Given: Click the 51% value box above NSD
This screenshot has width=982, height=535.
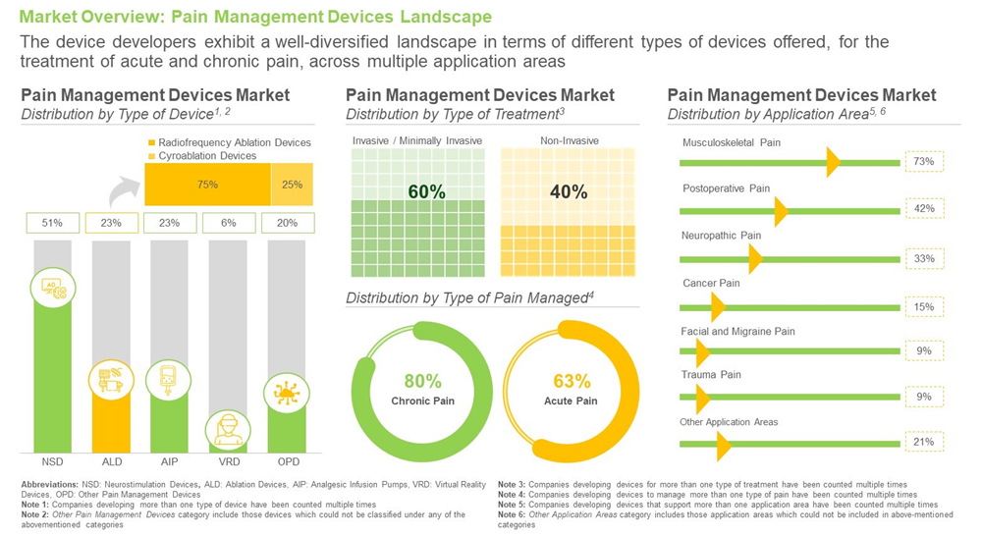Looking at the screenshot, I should tap(52, 223).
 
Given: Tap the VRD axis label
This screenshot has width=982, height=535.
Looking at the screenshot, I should tap(228, 460).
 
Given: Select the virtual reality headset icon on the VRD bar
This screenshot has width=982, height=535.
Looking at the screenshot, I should tap(228, 429).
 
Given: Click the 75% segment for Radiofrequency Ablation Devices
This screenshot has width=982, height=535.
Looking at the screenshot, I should tap(207, 184).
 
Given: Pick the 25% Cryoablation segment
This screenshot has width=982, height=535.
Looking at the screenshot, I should tap(293, 184).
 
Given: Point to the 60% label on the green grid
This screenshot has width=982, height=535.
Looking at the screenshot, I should tap(426, 192).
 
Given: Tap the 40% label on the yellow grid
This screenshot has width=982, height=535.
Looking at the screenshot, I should tap(569, 192).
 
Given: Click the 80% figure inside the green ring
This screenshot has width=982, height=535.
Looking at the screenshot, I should tap(423, 381).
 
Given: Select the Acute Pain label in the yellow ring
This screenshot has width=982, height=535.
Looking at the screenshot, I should tap(572, 401).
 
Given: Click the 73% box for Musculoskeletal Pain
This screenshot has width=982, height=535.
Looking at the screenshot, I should tap(923, 161).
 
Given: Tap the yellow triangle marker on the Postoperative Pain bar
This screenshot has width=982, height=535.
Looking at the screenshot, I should tap(781, 211).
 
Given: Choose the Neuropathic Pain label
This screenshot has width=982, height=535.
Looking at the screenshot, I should tap(721, 236).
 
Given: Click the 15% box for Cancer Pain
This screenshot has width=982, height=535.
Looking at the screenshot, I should tap(923, 307).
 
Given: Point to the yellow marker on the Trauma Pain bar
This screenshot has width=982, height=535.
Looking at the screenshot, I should tap(701, 399).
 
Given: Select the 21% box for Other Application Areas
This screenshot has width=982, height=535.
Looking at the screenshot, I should tap(923, 443).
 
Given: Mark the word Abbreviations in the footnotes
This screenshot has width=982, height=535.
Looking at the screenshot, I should tap(51, 484).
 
